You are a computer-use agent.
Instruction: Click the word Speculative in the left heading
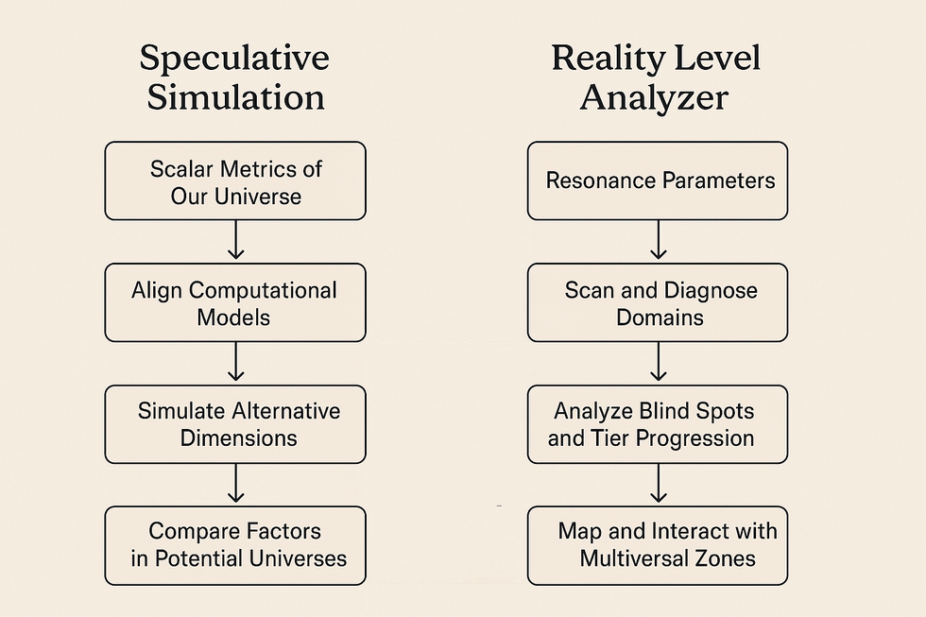(x=234, y=59)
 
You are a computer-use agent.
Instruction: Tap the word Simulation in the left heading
(x=235, y=96)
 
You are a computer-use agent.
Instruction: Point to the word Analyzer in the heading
(x=654, y=98)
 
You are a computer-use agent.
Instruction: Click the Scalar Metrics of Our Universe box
(x=235, y=180)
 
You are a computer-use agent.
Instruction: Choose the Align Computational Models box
(x=235, y=302)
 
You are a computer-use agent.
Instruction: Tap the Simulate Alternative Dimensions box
(x=235, y=424)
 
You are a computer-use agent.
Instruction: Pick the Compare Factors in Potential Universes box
(x=235, y=545)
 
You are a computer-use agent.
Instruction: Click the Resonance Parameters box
(x=658, y=180)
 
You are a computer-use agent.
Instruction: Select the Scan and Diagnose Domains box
(x=658, y=302)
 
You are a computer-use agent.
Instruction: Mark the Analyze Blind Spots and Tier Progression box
(x=658, y=424)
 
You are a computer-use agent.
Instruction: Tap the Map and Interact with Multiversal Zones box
(x=658, y=545)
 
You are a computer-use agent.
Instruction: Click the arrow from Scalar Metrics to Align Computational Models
(x=235, y=240)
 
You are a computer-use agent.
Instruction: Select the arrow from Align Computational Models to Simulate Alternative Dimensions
(x=235, y=361)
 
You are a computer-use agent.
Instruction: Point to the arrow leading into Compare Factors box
(x=235, y=483)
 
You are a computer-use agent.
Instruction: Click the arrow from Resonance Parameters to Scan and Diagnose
(x=658, y=240)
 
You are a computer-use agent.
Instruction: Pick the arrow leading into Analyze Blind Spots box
(x=658, y=361)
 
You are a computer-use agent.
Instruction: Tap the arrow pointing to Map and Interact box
(x=658, y=483)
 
